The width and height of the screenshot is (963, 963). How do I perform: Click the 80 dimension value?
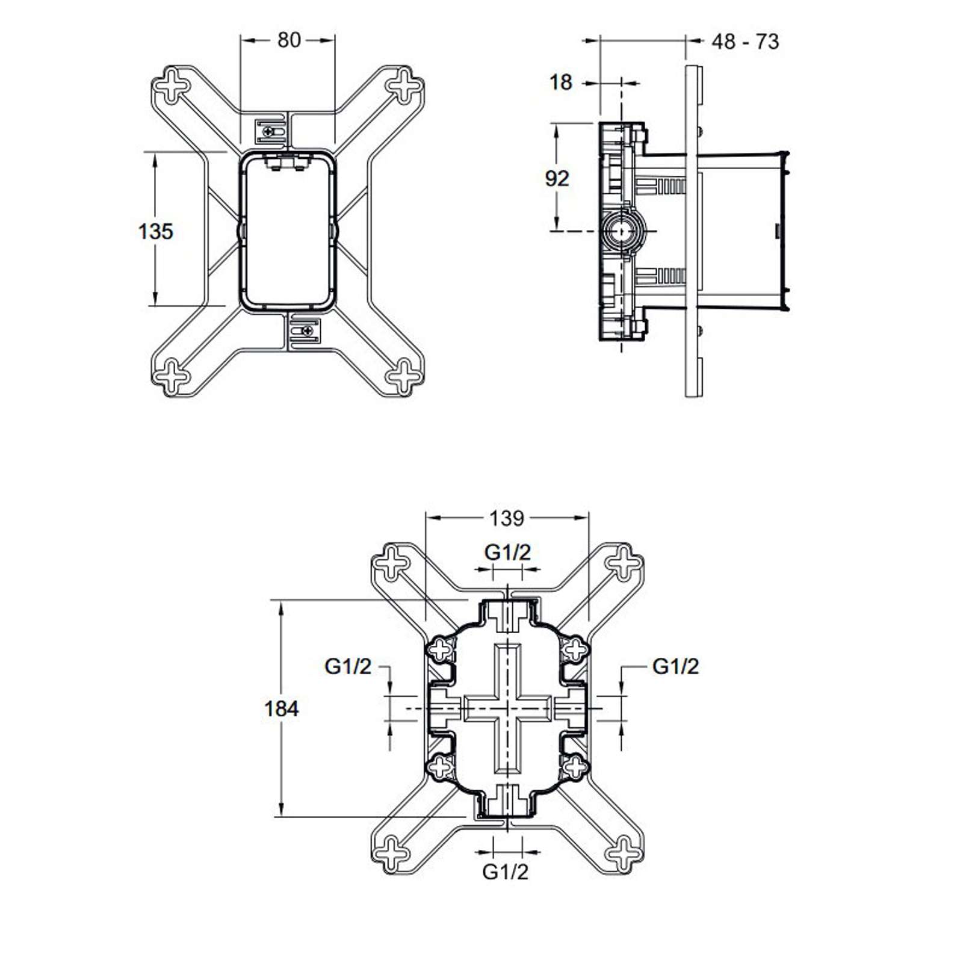pyautogui.click(x=289, y=40)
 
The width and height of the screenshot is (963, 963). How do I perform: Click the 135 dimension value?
pyautogui.click(x=156, y=231)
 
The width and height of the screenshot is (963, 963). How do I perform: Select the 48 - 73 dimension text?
pyautogui.click(x=745, y=42)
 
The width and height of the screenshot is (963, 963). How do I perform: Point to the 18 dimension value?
pyautogui.click(x=561, y=82)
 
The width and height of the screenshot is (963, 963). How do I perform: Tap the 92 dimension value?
pyautogui.click(x=557, y=178)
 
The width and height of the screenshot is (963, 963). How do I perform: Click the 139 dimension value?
pyautogui.click(x=507, y=518)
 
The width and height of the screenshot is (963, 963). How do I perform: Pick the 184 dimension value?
pyautogui.click(x=282, y=708)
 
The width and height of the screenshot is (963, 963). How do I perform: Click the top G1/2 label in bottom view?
pyautogui.click(x=508, y=552)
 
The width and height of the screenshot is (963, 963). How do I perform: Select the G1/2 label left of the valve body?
pyautogui.click(x=348, y=666)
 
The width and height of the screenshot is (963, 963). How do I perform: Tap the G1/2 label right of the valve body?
pyautogui.click(x=676, y=666)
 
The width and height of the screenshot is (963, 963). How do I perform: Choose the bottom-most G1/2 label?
pyautogui.click(x=506, y=871)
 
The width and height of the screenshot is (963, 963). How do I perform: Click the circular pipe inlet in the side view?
pyautogui.click(x=620, y=230)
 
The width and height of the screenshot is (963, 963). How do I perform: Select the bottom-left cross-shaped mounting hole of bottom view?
pyautogui.click(x=391, y=853)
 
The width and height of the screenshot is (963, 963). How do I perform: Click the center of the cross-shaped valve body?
pyautogui.click(x=507, y=708)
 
